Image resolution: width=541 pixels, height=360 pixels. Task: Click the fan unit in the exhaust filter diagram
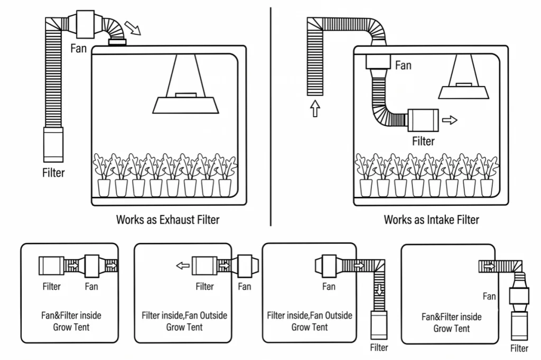(85, 24)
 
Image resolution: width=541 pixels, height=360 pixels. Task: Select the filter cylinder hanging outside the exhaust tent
(53, 145)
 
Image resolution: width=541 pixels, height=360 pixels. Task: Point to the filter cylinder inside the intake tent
(423, 120)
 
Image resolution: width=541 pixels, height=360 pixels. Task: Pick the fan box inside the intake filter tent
(378, 62)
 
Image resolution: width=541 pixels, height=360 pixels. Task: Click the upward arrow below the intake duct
(315, 108)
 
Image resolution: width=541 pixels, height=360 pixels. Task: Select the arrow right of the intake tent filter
(450, 120)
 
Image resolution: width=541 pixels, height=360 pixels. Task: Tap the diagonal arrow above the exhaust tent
(133, 28)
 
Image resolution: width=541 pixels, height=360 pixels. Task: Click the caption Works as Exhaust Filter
(167, 220)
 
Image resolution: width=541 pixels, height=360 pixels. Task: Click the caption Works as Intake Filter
(431, 220)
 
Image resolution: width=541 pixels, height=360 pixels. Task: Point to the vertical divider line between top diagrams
(271, 117)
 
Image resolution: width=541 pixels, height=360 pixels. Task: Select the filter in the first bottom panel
(51, 266)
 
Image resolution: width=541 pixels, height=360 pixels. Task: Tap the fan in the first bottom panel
(92, 266)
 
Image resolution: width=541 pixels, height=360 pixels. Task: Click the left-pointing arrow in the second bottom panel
(183, 266)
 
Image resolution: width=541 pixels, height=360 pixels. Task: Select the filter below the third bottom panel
(379, 325)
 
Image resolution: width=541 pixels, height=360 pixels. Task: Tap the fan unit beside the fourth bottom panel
(519, 296)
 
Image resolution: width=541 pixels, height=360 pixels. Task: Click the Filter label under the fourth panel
(519, 348)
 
